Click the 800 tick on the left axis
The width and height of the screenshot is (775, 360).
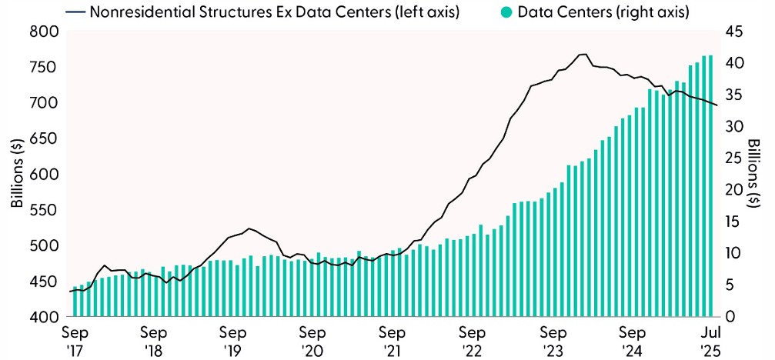[x=45, y=32]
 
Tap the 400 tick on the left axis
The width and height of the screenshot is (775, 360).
[x=45, y=318]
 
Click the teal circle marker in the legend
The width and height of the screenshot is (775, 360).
[x=506, y=12]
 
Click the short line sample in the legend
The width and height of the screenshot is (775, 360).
[x=75, y=12]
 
